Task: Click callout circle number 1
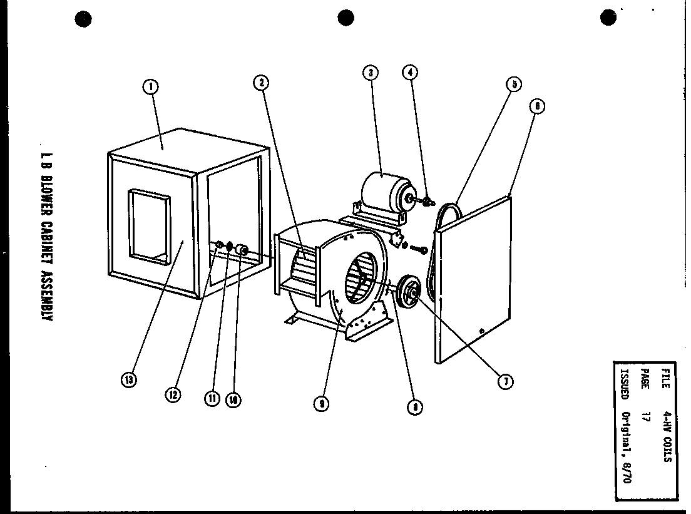pyautogui.click(x=150, y=87)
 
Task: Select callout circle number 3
pyautogui.click(x=371, y=73)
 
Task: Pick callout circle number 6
pyautogui.click(x=536, y=106)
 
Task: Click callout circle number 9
pyautogui.click(x=320, y=404)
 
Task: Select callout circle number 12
pyautogui.click(x=173, y=394)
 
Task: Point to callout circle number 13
pyautogui.click(x=128, y=380)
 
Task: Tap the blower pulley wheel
pyautogui.click(x=411, y=293)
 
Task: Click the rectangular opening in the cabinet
pyautogui.click(x=149, y=225)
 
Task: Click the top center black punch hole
pyautogui.click(x=346, y=19)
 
